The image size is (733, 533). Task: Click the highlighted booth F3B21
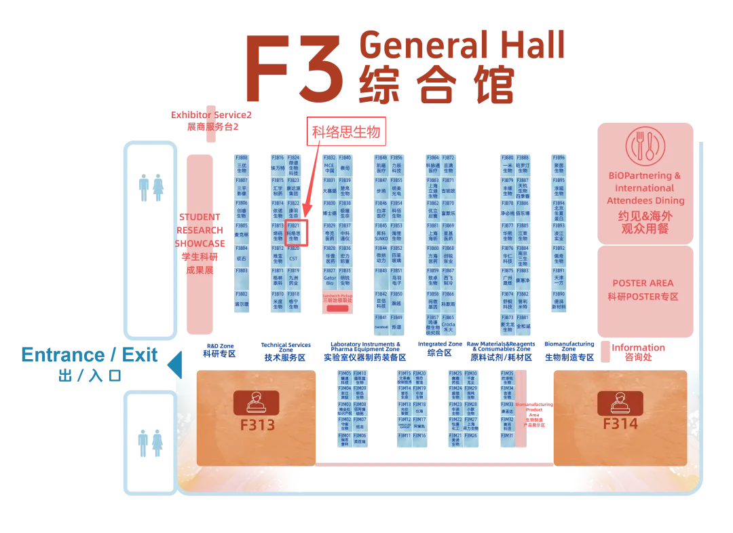point(293,232)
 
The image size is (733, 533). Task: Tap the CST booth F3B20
point(293,255)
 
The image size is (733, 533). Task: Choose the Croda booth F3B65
point(449,324)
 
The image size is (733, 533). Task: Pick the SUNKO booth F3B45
point(381,232)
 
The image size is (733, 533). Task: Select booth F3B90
point(559,301)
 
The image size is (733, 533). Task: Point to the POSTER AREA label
point(643,283)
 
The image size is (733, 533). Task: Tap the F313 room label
point(257,425)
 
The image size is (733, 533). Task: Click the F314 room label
point(620,424)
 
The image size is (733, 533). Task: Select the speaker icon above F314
point(620,402)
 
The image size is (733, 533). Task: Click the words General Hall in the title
point(462,45)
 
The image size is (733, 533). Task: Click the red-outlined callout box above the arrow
point(347,132)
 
